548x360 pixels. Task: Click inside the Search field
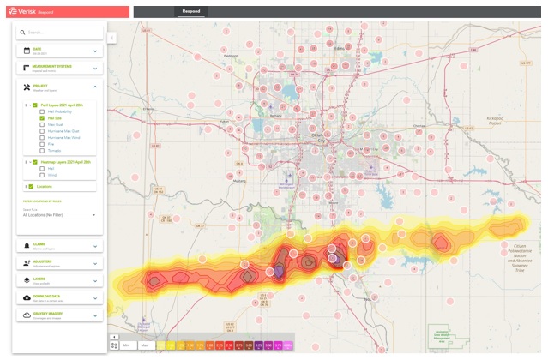60,33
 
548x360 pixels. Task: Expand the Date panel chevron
94,51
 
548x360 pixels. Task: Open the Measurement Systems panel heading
51,67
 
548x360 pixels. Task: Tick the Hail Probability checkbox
43,111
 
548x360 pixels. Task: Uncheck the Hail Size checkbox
43,118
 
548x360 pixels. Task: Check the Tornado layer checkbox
43,150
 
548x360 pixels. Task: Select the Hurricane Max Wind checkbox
43,137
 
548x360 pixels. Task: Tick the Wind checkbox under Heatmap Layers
43,175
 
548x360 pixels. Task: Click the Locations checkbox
32,186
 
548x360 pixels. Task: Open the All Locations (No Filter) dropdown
59,215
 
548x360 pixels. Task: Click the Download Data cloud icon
27,297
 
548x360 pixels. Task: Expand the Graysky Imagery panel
94,315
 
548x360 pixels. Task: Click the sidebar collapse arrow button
111,38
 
